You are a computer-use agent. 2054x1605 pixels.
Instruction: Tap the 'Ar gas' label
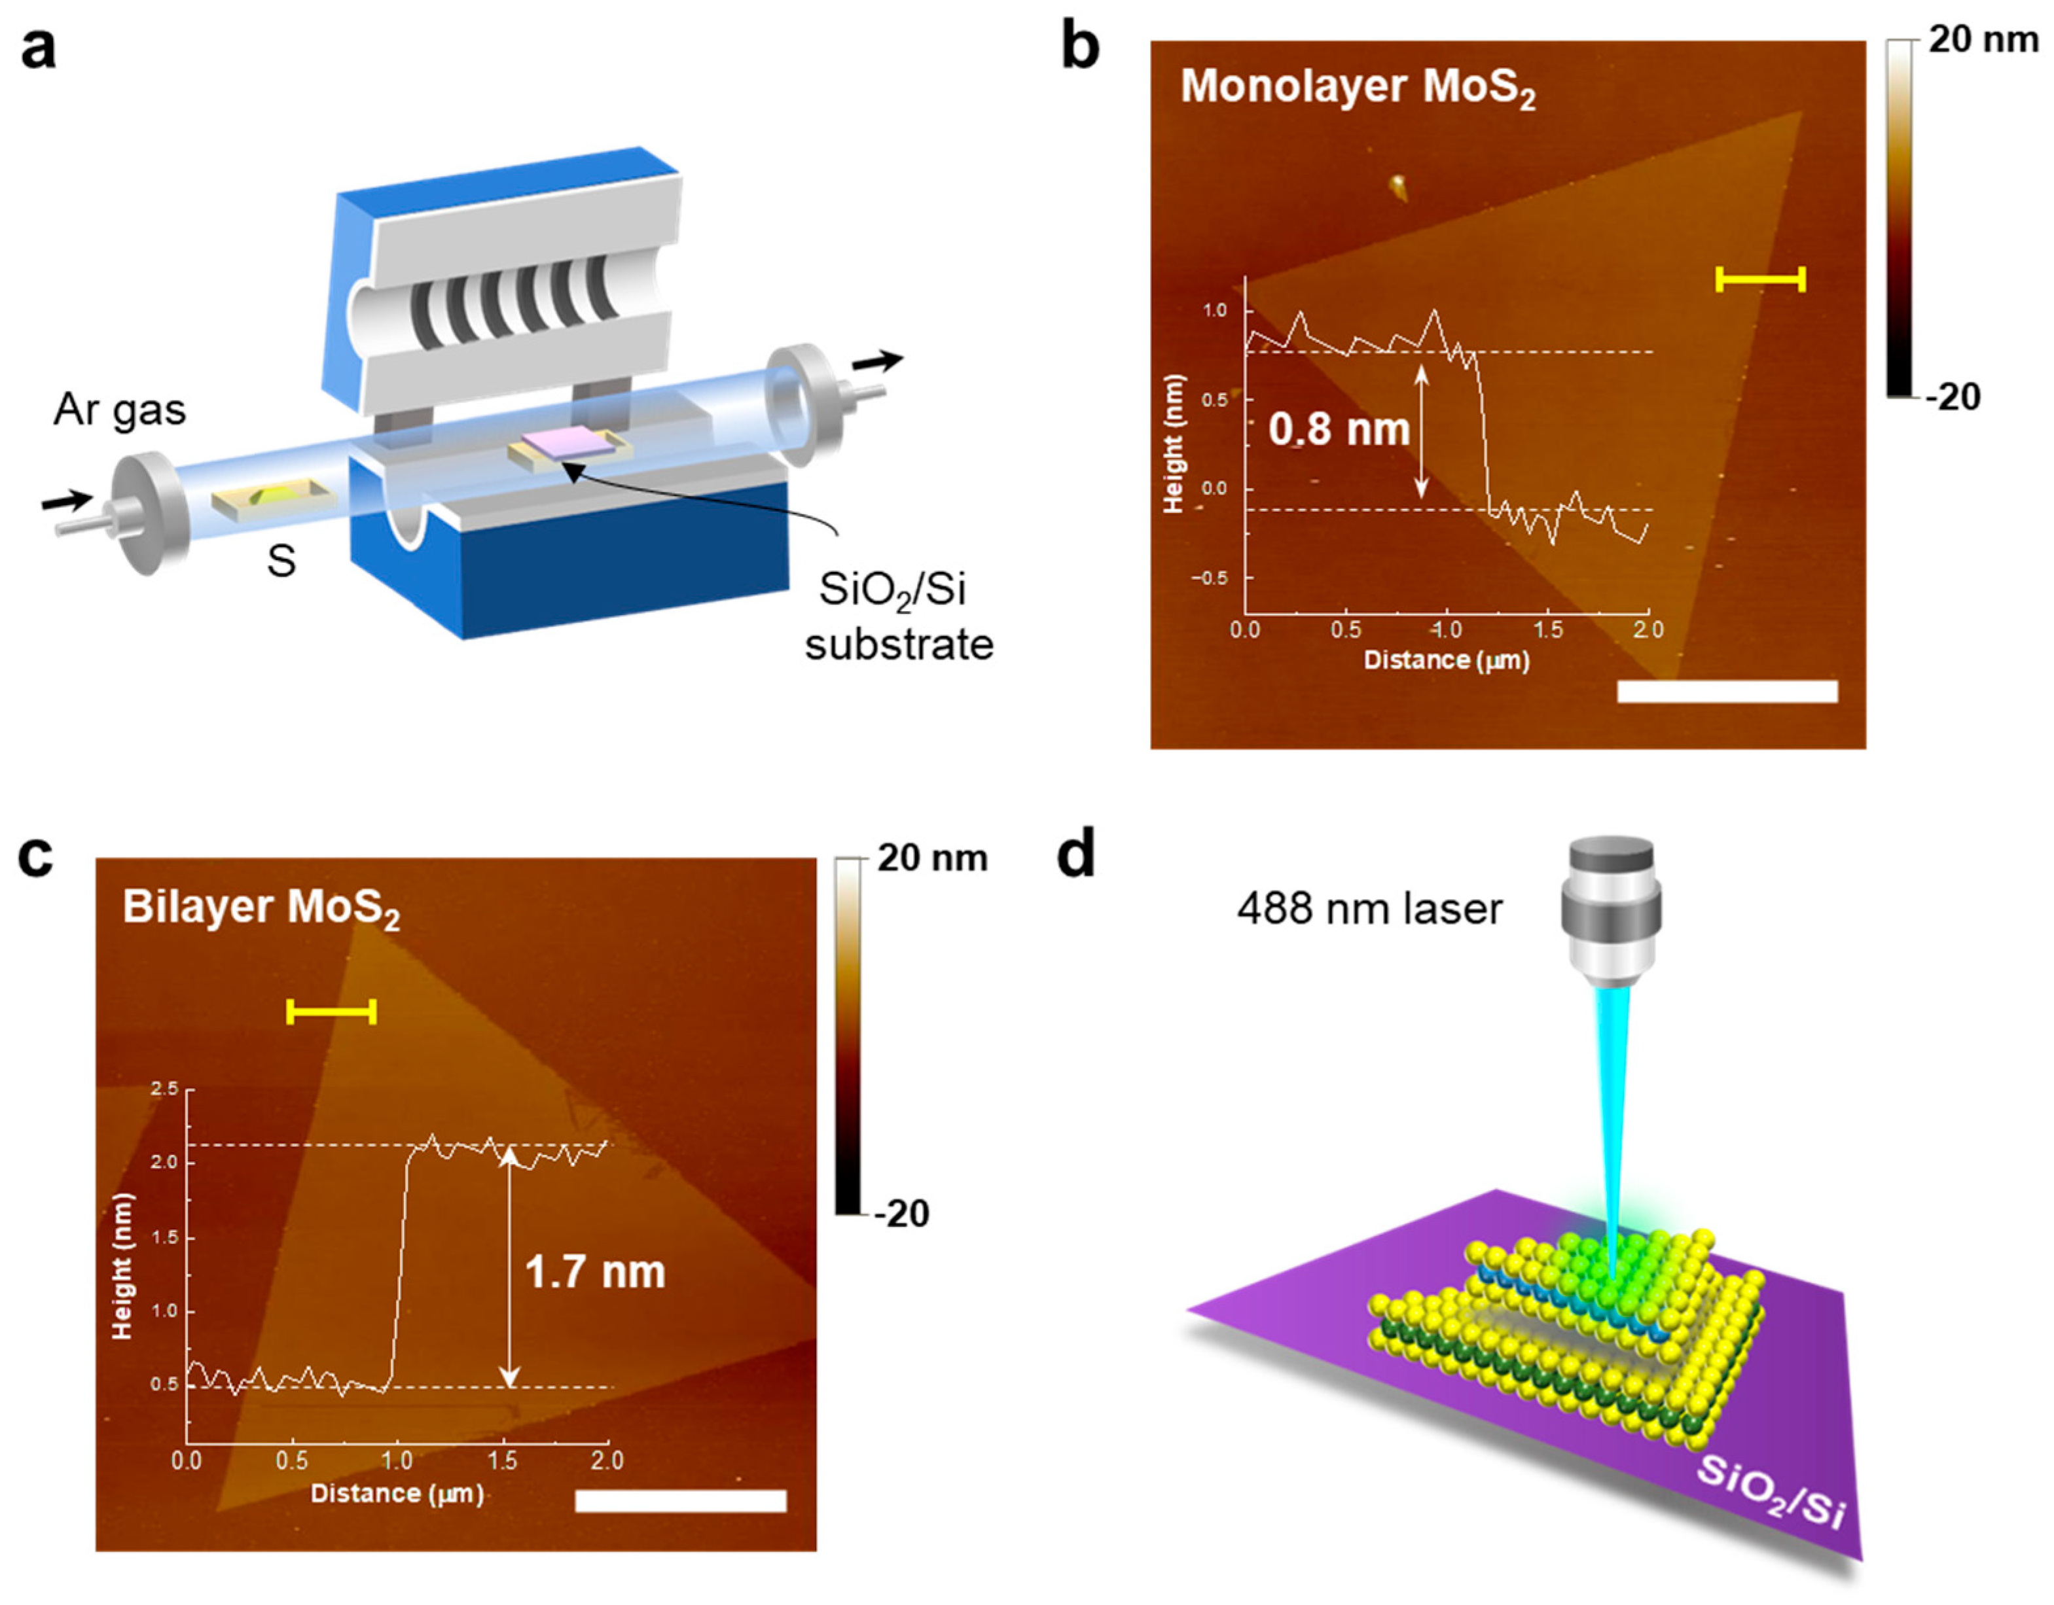coord(119,410)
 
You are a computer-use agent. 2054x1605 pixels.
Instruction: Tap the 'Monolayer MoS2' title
coord(1357,86)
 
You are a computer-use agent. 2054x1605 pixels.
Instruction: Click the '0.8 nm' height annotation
coord(1339,430)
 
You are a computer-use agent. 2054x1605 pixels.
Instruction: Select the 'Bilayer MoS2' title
coord(261,908)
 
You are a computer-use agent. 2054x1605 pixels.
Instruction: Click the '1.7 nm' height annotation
coord(594,1272)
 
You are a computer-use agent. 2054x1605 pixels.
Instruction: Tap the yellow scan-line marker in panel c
coord(331,1012)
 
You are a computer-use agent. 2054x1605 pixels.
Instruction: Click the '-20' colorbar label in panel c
coord(900,1214)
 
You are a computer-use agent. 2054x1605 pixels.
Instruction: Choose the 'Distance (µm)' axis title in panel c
coord(396,1492)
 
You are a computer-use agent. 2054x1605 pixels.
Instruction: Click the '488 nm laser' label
coord(1369,909)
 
